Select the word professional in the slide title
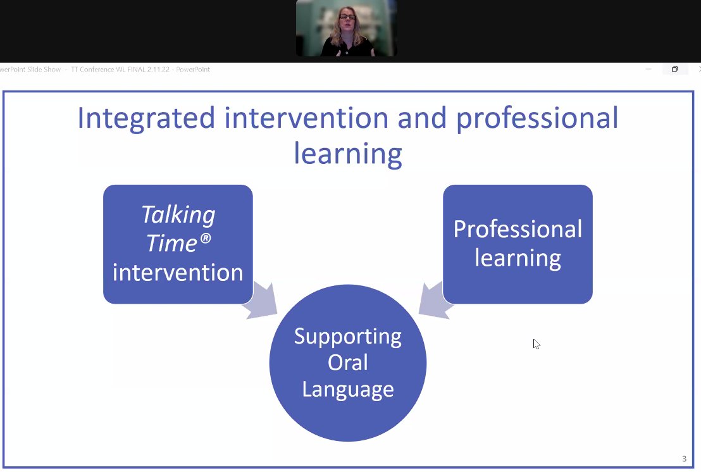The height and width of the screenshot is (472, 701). click(537, 119)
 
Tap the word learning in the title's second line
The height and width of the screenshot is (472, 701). click(348, 154)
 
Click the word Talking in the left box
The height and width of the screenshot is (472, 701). click(178, 215)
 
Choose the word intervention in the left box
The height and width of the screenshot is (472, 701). click(178, 273)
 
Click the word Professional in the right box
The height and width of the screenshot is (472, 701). click(518, 229)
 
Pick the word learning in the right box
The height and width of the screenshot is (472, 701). click(518, 258)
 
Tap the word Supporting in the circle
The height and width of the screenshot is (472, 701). click(348, 336)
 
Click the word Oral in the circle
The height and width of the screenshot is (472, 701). click(348, 363)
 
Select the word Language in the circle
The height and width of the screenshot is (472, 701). click(348, 389)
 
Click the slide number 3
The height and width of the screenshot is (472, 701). click(684, 459)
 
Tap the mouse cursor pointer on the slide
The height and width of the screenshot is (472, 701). click(536, 344)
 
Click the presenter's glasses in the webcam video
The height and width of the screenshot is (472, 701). click(348, 17)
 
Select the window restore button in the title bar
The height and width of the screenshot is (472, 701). click(674, 70)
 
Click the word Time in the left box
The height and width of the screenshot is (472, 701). click(169, 243)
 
